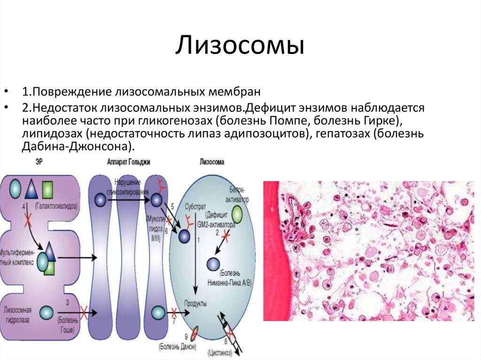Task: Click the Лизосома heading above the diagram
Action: point(212,162)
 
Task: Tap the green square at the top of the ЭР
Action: point(47,190)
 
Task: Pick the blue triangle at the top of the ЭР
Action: point(31,189)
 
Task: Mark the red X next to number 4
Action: point(28,219)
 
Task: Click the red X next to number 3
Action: point(86,311)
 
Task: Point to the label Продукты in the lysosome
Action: point(195,304)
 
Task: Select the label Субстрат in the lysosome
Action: point(195,206)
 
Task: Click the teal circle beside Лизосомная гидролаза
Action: point(47,311)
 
